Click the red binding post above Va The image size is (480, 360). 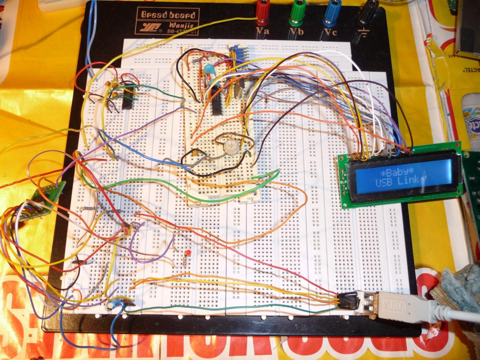tap(262, 11)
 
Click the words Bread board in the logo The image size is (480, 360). tap(168, 15)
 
